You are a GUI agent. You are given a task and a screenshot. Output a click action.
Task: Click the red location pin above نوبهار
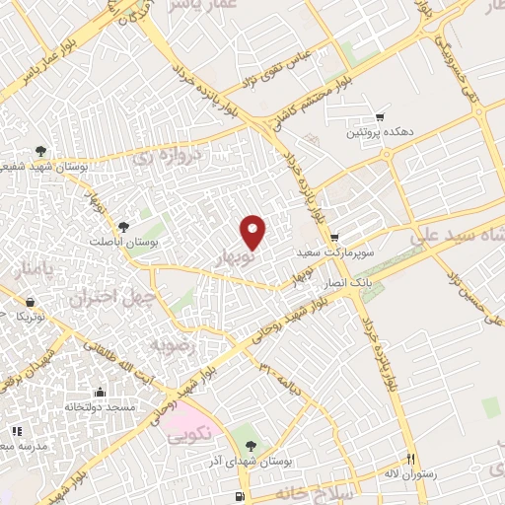click(253, 232)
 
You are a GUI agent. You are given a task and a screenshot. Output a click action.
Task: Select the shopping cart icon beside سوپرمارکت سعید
click(335, 237)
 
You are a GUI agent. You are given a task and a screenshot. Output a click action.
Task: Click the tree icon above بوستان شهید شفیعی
click(39, 151)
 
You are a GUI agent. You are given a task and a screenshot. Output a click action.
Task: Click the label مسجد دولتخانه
click(108, 407)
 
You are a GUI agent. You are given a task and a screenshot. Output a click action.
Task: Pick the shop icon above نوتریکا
click(32, 300)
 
